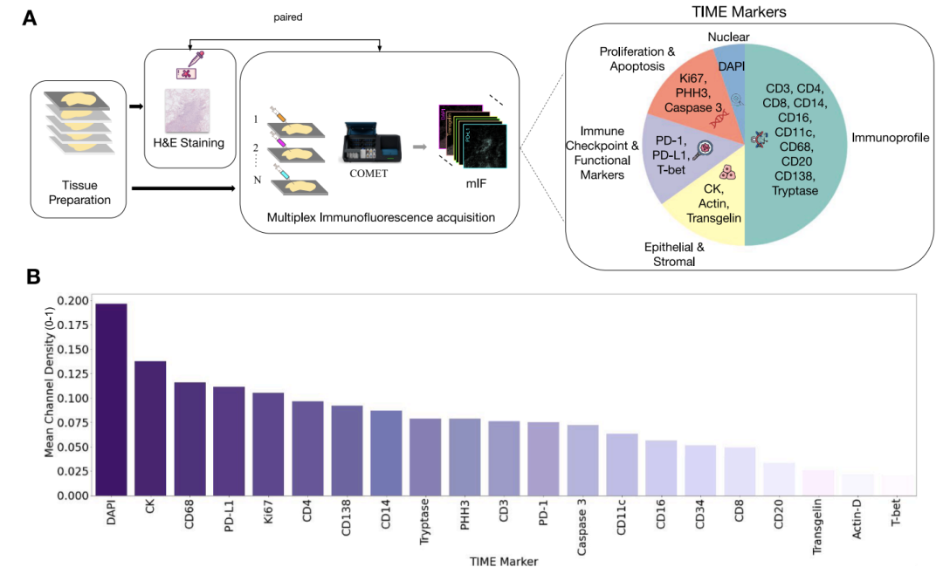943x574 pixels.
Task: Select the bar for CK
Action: pyautogui.click(x=150, y=428)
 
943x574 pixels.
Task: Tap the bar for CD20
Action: pyautogui.click(x=779, y=479)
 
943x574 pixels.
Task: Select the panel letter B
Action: pyautogui.click(x=32, y=277)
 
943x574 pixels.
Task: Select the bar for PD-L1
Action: pyautogui.click(x=229, y=441)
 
